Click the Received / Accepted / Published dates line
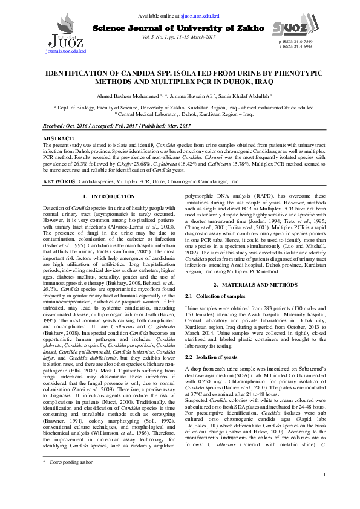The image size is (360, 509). [x=108, y=125]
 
